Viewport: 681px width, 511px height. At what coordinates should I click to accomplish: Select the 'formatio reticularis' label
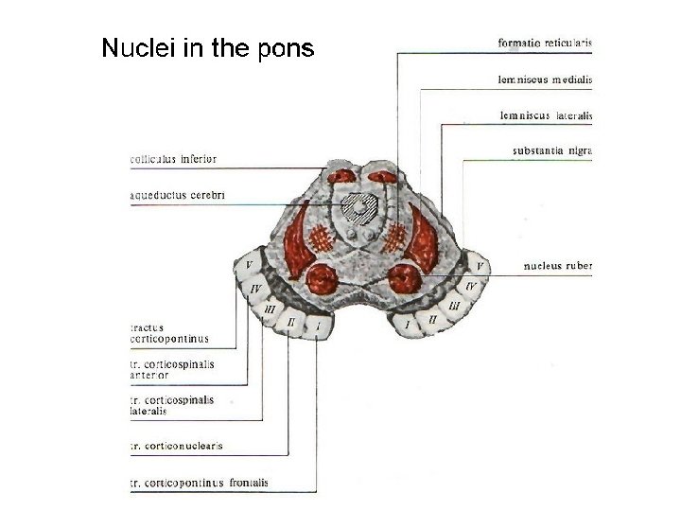pyautogui.click(x=544, y=43)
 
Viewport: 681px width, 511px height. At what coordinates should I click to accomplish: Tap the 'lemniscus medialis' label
pyautogui.click(x=545, y=79)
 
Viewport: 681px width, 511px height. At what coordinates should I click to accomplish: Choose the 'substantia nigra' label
pyautogui.click(x=551, y=150)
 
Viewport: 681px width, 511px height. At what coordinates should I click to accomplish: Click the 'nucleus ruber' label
pyautogui.click(x=558, y=266)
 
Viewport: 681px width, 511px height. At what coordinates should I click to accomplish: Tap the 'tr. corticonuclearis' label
pyautogui.click(x=177, y=444)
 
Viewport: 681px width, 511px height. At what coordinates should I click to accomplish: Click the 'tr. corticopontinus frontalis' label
pyautogui.click(x=200, y=483)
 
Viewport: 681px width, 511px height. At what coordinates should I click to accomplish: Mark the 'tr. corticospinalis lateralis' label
pyautogui.click(x=172, y=405)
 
